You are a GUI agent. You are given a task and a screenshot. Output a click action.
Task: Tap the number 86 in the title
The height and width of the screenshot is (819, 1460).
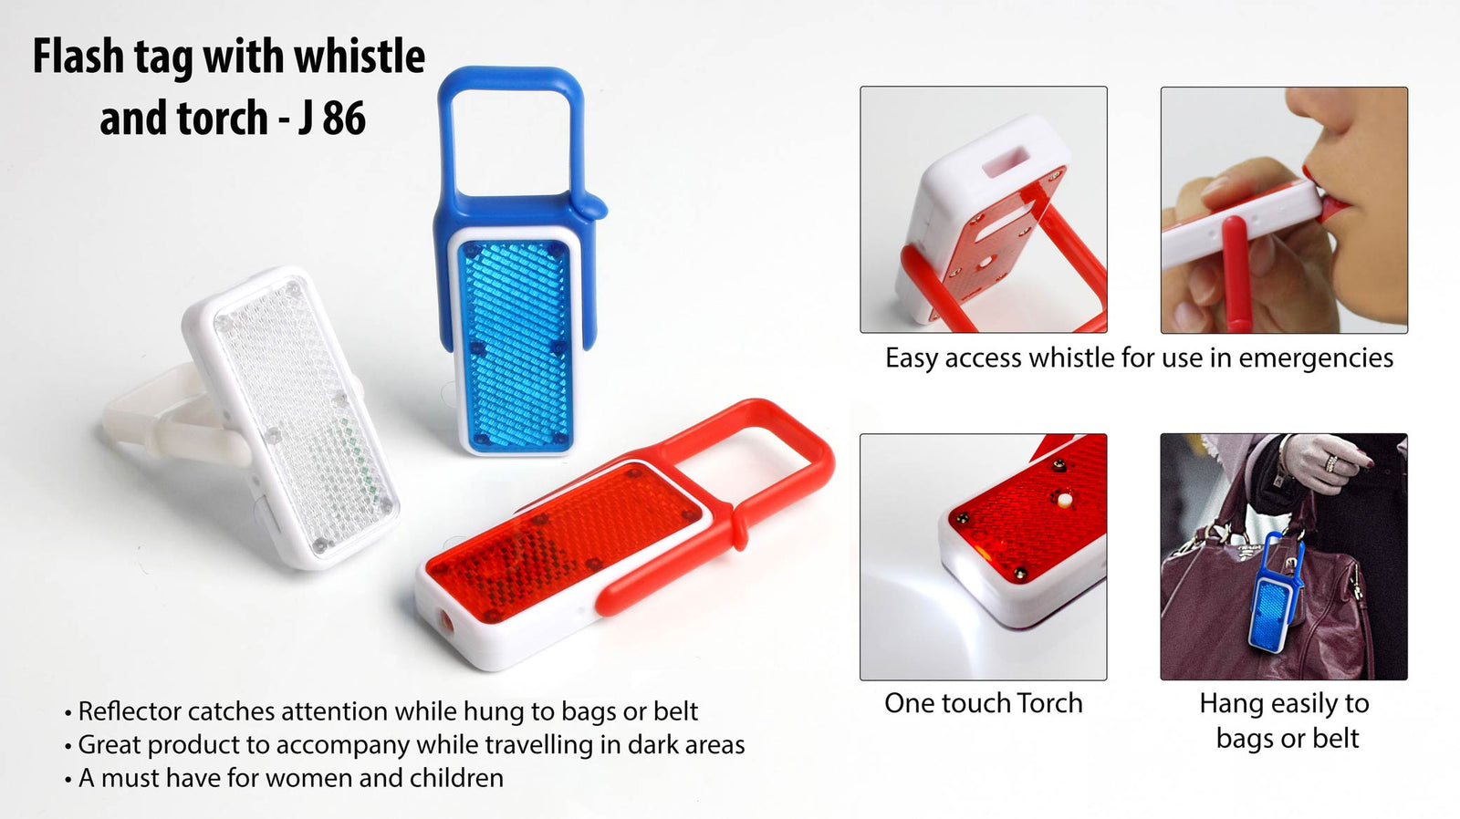pyautogui.click(x=344, y=119)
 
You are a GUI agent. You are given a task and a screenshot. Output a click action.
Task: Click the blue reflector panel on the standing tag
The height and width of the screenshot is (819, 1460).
pyautogui.click(x=516, y=346)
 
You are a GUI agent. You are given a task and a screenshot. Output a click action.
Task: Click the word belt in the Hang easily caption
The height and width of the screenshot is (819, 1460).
pyautogui.click(x=1336, y=738)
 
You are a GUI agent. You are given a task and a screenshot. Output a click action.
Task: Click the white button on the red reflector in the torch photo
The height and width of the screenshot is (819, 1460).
pyautogui.click(x=1063, y=499)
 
